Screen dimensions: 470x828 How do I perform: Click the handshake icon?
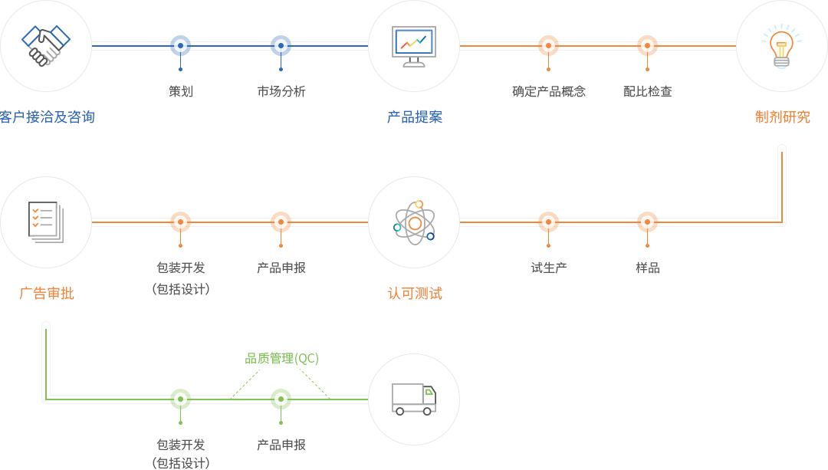click(46, 46)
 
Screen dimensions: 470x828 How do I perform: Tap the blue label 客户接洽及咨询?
click(48, 117)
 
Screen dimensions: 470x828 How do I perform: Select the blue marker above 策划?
click(180, 46)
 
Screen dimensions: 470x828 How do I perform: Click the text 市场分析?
click(281, 91)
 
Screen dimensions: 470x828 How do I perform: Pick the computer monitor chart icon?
click(414, 46)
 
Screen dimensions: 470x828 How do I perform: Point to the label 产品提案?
click(415, 117)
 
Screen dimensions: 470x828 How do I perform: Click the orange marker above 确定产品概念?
click(548, 46)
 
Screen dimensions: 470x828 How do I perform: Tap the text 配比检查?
click(648, 91)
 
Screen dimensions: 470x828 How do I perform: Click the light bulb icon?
click(781, 46)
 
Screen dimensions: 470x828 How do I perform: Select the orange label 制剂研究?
click(783, 117)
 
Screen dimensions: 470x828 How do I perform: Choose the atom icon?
click(414, 222)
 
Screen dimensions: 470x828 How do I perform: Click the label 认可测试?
click(415, 294)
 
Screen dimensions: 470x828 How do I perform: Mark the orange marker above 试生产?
click(548, 222)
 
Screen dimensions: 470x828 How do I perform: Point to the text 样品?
click(648, 268)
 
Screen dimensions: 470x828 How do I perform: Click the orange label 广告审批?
click(47, 294)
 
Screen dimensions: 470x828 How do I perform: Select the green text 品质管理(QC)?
click(281, 358)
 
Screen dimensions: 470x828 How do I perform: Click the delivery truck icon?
click(414, 399)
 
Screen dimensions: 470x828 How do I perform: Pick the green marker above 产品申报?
click(281, 399)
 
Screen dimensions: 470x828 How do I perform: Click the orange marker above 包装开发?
click(180, 222)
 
